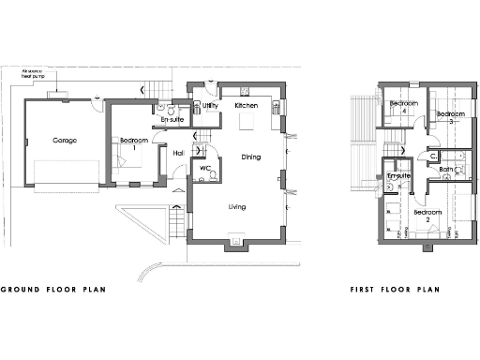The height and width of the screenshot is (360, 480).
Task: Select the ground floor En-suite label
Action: [x=172, y=120]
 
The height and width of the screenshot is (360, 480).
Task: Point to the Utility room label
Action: [x=210, y=107]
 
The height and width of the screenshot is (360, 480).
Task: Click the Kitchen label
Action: [x=246, y=106]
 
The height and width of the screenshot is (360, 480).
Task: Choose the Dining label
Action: [x=250, y=157]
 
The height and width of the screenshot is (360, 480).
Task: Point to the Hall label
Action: [x=178, y=154]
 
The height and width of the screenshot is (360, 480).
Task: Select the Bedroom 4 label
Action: [x=404, y=106]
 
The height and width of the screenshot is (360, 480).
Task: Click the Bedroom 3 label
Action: [x=451, y=117]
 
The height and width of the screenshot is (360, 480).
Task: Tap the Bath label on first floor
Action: [x=446, y=170]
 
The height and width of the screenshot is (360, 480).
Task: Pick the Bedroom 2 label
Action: [x=427, y=216]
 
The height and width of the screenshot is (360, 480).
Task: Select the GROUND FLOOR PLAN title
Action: [x=52, y=290]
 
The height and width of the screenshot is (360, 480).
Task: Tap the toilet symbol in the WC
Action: [x=214, y=175]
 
